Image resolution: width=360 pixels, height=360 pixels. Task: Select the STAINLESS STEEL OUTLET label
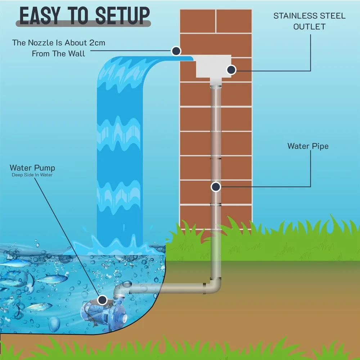tap(309, 21)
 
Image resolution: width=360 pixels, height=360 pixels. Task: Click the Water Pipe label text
tap(308, 146)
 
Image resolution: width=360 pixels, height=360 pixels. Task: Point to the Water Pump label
tap(32, 168)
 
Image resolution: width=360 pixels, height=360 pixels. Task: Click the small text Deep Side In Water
tap(32, 175)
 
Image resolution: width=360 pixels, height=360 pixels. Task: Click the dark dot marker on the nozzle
tap(176, 50)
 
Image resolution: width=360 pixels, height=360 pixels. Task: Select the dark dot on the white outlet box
tap(231, 70)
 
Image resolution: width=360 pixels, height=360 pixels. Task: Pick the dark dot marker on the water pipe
tap(216, 186)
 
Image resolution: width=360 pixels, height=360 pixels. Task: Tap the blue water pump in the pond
tap(97, 310)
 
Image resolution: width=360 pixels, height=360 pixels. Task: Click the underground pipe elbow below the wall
tap(214, 286)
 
